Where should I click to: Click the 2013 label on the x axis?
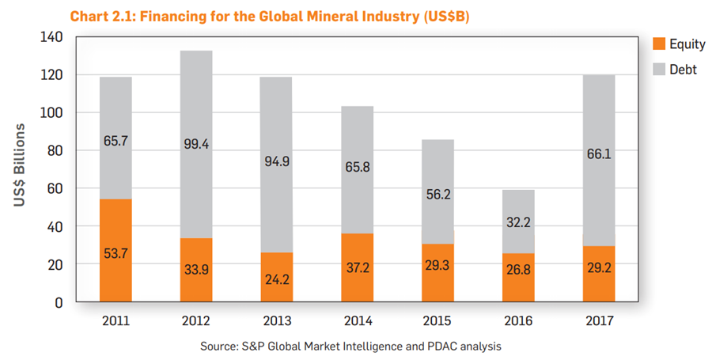pos(277,322)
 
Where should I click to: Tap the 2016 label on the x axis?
pos(518,322)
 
